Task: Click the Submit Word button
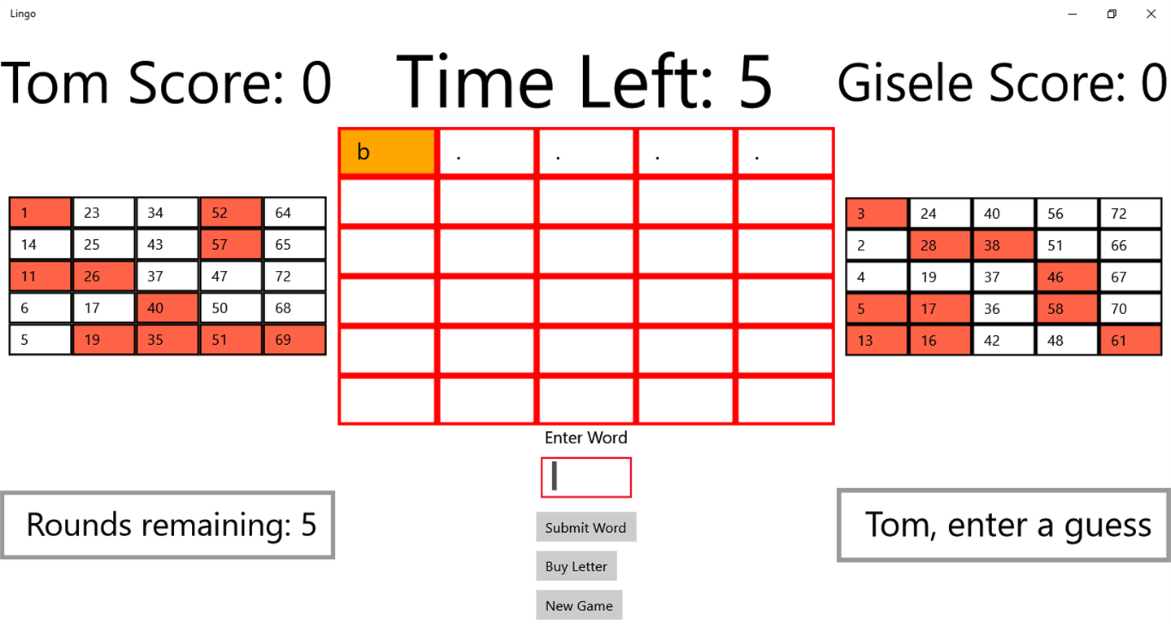click(x=585, y=527)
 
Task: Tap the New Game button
click(x=579, y=605)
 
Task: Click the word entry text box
click(x=586, y=477)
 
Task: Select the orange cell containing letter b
click(x=387, y=151)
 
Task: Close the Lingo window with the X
click(x=1151, y=14)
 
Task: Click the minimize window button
click(x=1072, y=14)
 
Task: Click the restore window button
click(x=1112, y=14)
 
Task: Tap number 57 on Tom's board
click(x=231, y=244)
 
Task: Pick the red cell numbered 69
click(x=294, y=339)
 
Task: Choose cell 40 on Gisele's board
click(x=1003, y=213)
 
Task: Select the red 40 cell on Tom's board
click(x=168, y=308)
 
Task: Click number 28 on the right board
click(x=940, y=246)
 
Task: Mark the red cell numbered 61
click(x=1130, y=341)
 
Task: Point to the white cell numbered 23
click(x=103, y=212)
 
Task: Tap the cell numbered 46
click(x=1067, y=277)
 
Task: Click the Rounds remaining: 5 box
click(x=168, y=525)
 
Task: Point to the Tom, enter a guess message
click(x=1003, y=525)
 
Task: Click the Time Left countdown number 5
click(x=755, y=82)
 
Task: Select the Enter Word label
click(x=585, y=437)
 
